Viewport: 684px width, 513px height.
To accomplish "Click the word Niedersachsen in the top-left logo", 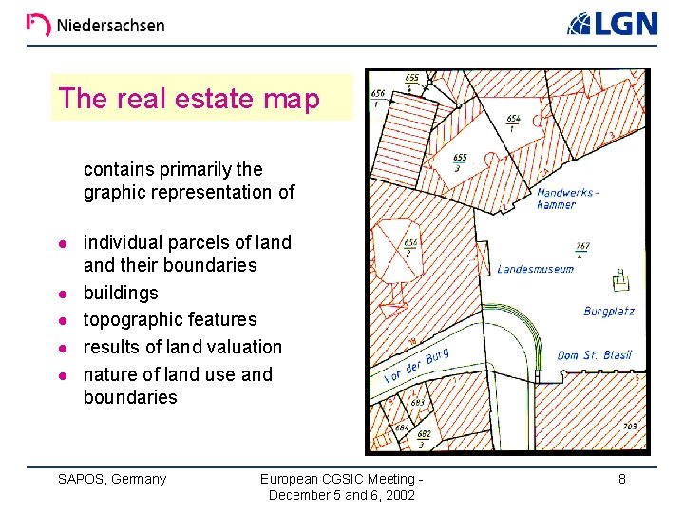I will (110, 26).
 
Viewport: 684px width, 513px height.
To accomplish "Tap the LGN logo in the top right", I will (613, 23).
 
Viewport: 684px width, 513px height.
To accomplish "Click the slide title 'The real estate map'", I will (189, 98).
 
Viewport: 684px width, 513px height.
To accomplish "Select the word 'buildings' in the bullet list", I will (121, 293).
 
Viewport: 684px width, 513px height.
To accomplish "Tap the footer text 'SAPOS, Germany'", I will (112, 479).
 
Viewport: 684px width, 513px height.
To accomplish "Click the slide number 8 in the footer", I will (622, 479).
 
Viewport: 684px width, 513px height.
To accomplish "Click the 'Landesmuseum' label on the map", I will (536, 269).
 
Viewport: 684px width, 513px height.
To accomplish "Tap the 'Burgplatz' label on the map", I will (609, 312).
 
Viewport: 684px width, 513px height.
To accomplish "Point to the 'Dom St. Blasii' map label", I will (594, 355).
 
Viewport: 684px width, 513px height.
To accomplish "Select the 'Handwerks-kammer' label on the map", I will (568, 198).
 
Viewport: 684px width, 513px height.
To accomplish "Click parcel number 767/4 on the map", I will (582, 250).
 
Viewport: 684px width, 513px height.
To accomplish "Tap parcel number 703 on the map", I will (630, 427).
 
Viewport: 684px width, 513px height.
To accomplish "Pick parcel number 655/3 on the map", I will (460, 162).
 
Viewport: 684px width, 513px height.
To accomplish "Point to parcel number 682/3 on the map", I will (424, 439).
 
